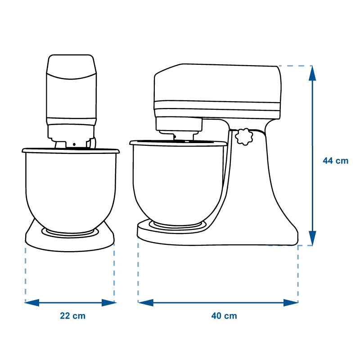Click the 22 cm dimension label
[x=72, y=316]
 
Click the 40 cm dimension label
[x=224, y=316]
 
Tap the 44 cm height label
[x=335, y=161]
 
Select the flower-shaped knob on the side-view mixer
[x=244, y=137]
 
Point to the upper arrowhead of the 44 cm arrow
[x=312, y=73]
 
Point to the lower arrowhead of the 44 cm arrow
[x=312, y=238]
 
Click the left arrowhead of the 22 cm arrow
[x=32, y=302]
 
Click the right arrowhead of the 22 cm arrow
[x=109, y=302]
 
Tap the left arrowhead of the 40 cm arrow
[x=145, y=302]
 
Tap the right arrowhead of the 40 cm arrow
[x=291, y=302]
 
